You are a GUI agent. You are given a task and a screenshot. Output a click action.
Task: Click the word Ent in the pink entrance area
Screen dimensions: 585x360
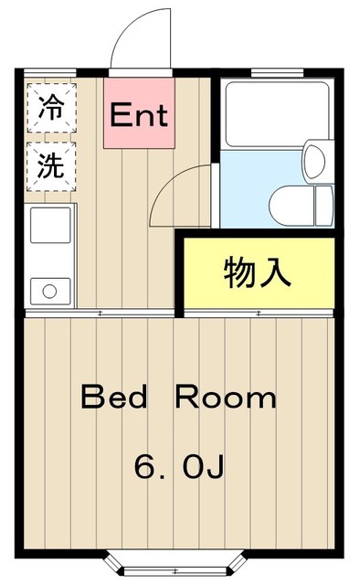point(139,116)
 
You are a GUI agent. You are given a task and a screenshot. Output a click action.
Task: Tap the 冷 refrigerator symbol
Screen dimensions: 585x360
point(50,108)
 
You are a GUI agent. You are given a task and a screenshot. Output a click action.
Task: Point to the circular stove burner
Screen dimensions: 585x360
point(49,292)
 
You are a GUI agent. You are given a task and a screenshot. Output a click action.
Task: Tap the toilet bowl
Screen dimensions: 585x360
point(290,199)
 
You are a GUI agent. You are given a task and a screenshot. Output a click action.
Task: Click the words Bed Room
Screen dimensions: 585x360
point(178,398)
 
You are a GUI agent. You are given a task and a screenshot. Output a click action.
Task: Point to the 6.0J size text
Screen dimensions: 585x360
point(178,467)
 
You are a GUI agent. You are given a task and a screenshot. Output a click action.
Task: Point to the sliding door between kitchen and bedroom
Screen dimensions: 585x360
point(101,314)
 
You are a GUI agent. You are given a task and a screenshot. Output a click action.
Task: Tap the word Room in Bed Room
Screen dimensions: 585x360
point(226,398)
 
